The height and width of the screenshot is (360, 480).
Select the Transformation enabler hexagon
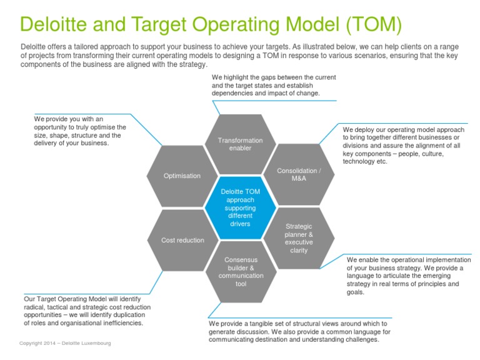(x=240, y=144)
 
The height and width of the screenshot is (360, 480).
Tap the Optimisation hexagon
(x=182, y=176)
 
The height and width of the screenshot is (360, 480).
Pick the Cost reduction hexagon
(x=182, y=240)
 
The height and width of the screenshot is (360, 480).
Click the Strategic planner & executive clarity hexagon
(x=298, y=238)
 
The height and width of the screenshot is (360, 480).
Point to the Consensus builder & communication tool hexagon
(x=241, y=272)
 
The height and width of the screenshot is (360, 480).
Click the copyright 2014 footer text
(x=65, y=343)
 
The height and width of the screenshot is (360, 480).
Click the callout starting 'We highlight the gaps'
(x=274, y=85)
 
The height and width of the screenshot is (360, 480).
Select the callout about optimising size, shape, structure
(x=80, y=131)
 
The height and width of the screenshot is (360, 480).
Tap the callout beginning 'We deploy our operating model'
(x=403, y=145)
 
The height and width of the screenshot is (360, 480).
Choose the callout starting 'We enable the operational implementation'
(x=409, y=275)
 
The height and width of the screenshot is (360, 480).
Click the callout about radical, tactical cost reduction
(x=87, y=311)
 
